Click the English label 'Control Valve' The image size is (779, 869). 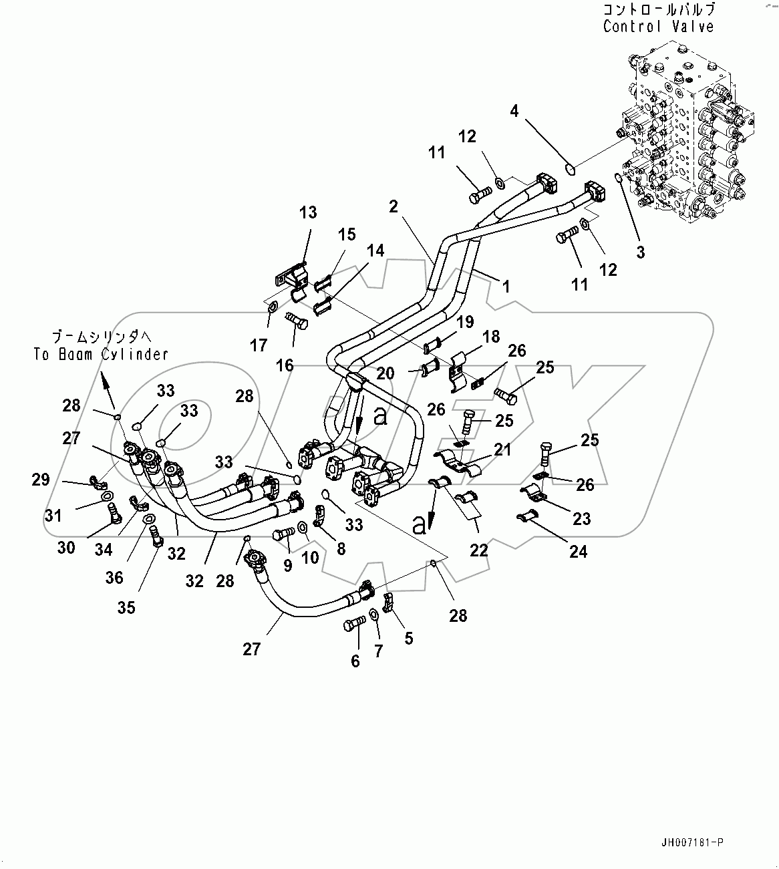coord(658,27)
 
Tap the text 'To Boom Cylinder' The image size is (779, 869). coord(101,354)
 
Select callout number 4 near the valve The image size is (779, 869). coord(514,111)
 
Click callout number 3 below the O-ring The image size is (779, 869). coord(640,252)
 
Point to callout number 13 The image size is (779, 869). coord(308,212)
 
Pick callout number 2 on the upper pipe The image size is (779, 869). coord(394,206)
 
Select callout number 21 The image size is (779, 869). coord(502,450)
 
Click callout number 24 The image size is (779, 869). coord(578,552)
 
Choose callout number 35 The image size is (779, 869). coord(126,607)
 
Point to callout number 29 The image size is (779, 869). coord(41,480)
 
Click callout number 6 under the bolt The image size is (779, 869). coord(355,661)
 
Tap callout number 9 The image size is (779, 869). coord(287,565)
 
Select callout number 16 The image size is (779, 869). coord(285,365)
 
